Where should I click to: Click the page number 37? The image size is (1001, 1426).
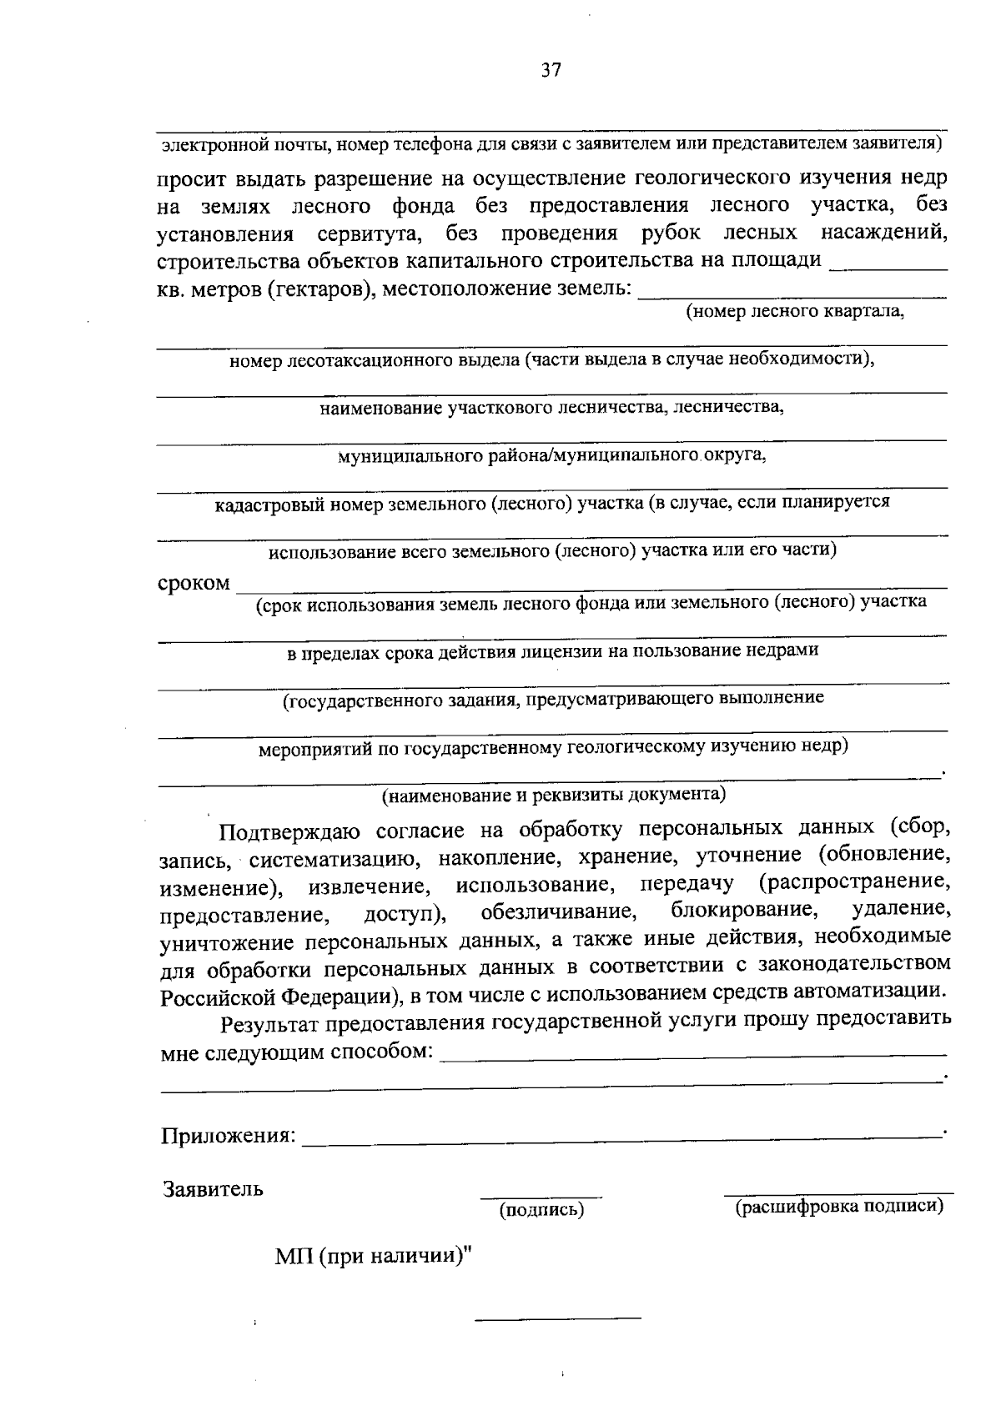(x=551, y=70)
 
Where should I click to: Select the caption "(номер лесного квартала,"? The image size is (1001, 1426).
(x=795, y=312)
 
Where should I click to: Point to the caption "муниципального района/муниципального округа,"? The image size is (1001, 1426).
(x=551, y=455)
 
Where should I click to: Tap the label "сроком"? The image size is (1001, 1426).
(x=194, y=583)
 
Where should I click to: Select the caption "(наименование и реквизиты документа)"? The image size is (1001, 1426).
(x=554, y=794)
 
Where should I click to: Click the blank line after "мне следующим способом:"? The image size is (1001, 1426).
(x=692, y=1056)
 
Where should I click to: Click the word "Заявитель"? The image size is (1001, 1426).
(x=214, y=1189)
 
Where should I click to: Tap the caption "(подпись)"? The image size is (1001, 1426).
(x=541, y=1209)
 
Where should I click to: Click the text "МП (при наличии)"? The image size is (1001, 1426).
(x=372, y=1255)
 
